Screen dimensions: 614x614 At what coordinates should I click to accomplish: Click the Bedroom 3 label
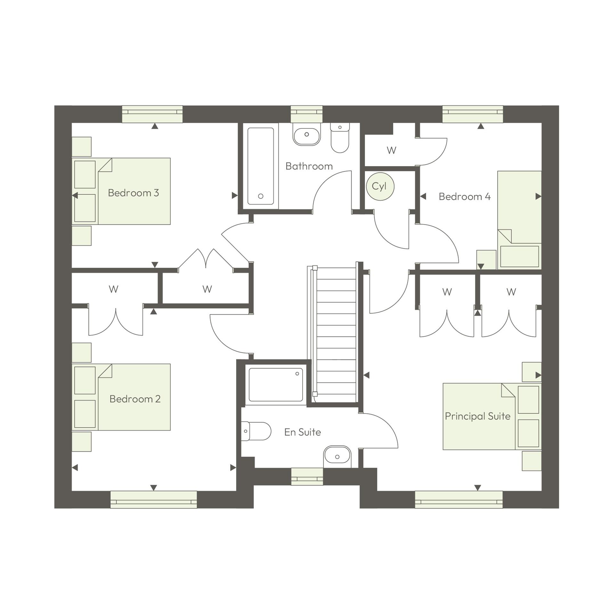133,193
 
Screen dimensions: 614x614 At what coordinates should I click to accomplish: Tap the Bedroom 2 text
135,399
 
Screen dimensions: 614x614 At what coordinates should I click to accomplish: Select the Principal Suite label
477,416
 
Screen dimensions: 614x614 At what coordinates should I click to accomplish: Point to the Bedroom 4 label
464,196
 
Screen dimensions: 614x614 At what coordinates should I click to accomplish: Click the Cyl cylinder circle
380,186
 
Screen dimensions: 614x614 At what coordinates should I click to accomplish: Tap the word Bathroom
309,166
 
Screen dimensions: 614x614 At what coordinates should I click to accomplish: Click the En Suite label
303,432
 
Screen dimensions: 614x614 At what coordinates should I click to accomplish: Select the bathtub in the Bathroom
261,166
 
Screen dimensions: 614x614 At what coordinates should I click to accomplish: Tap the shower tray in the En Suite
276,384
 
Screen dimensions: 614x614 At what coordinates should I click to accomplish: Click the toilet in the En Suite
256,431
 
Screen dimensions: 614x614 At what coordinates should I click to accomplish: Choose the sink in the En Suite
337,456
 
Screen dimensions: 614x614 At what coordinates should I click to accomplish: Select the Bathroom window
306,114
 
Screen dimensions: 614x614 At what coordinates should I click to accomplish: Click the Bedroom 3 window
152,114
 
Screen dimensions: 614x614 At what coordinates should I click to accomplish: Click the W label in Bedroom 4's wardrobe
391,150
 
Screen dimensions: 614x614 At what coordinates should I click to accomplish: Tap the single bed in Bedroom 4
519,220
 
